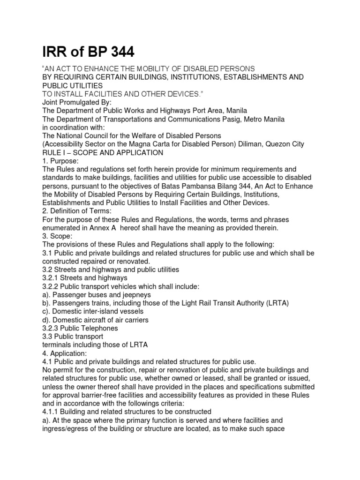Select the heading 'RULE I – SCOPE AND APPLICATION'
tap(103, 153)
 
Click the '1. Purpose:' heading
tap(60, 161)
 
